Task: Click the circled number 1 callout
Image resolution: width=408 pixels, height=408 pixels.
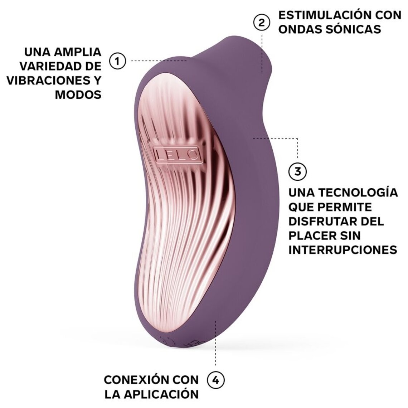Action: tap(117, 61)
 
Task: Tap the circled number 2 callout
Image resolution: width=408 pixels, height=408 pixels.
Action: tap(262, 22)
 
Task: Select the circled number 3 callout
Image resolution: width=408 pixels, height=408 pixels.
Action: tap(297, 171)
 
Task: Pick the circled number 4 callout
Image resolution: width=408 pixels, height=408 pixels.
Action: tap(215, 379)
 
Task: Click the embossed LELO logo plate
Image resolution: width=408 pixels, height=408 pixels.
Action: tap(177, 154)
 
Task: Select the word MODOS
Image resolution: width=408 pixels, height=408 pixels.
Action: tap(78, 94)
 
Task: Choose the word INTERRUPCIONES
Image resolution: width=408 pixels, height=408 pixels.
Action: tap(343, 250)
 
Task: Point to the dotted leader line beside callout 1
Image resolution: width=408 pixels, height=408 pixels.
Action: tap(157, 61)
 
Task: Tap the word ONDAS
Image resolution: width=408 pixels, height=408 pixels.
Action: tap(300, 29)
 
